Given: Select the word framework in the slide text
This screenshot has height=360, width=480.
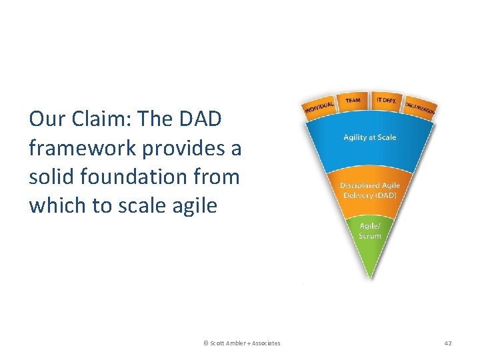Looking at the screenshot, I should pos(72,148).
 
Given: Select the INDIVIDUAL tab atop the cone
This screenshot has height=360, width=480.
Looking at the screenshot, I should pos(318,107).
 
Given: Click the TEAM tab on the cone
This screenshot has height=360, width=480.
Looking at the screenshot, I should pos(353,101).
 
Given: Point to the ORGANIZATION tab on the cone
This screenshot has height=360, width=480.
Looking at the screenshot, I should pos(420,107).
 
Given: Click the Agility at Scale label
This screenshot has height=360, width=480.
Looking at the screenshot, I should pos(369,137).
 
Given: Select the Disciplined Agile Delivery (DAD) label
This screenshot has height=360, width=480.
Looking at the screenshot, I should pos(369,189).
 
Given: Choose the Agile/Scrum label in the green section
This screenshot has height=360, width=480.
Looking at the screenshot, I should pos(369,231).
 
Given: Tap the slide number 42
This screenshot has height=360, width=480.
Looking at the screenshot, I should pos(447,343).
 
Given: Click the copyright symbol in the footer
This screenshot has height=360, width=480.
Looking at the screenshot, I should pos(205,343).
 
